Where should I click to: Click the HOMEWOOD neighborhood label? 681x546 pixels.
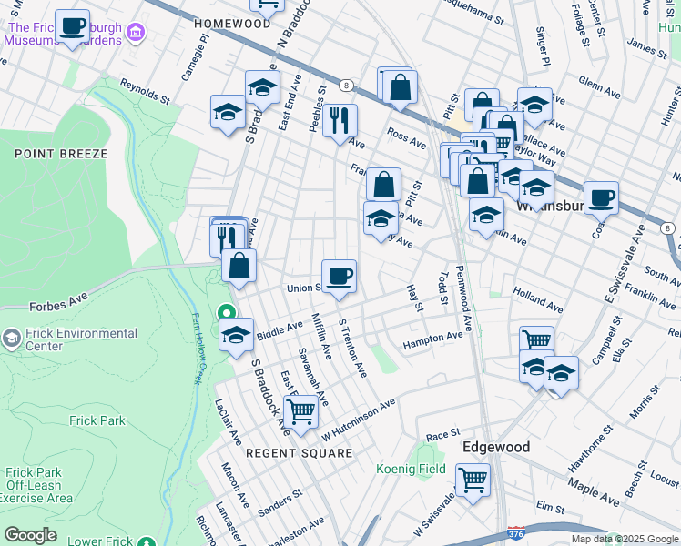232,23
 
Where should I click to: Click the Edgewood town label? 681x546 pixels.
496,447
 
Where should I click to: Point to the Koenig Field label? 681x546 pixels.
411,470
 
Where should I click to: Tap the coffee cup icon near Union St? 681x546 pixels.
339,276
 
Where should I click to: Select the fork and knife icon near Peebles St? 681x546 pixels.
340,120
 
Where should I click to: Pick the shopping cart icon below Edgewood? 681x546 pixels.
473,480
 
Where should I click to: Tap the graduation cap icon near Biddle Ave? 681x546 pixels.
237,334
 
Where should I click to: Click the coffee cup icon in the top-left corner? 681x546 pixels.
72,26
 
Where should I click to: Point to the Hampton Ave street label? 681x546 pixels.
432,339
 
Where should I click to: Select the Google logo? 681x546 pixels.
30,535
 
